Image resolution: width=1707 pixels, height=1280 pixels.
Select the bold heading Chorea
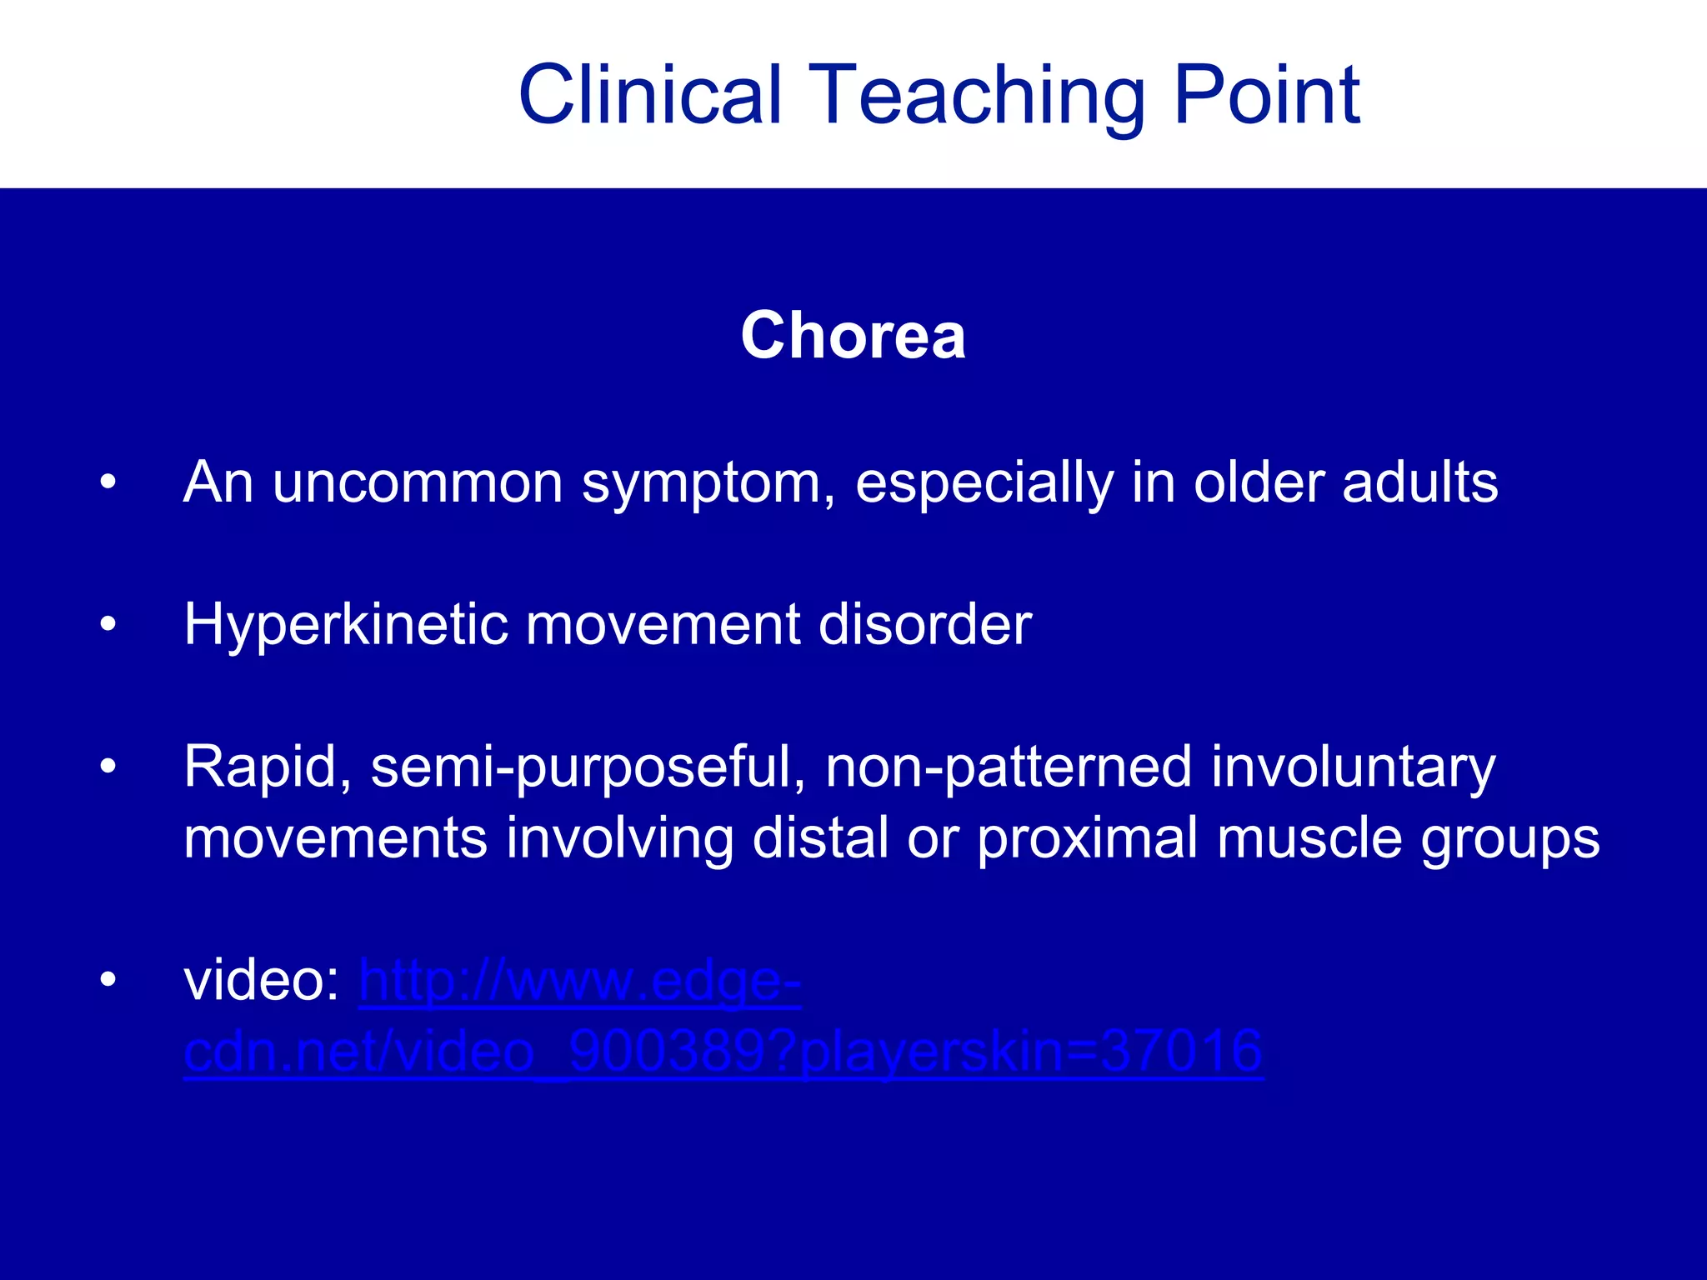pyautogui.click(x=853, y=335)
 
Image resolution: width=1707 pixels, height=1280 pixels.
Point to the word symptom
pyautogui.click(x=708, y=485)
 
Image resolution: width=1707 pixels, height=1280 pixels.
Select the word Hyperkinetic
pyautogui.click(x=345, y=625)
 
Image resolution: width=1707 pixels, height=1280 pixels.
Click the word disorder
pyautogui.click(x=925, y=624)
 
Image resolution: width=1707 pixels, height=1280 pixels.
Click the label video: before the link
pyautogui.click(x=261, y=981)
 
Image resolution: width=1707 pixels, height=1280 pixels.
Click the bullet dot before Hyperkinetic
pyautogui.click(x=108, y=624)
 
